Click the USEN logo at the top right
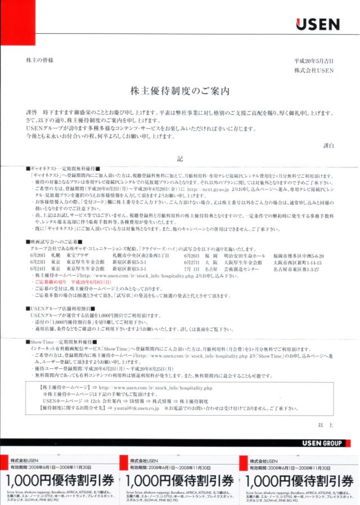(317, 24)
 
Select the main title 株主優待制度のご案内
(179, 90)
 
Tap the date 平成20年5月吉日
(314, 61)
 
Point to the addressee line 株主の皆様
(37, 60)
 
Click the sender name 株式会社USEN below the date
(314, 70)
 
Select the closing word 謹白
(328, 146)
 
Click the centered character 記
(180, 159)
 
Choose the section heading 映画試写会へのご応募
(54, 241)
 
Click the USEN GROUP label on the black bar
(322, 443)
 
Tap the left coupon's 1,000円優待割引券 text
(59, 481)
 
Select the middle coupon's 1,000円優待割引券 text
(179, 481)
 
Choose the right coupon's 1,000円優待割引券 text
(299, 481)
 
